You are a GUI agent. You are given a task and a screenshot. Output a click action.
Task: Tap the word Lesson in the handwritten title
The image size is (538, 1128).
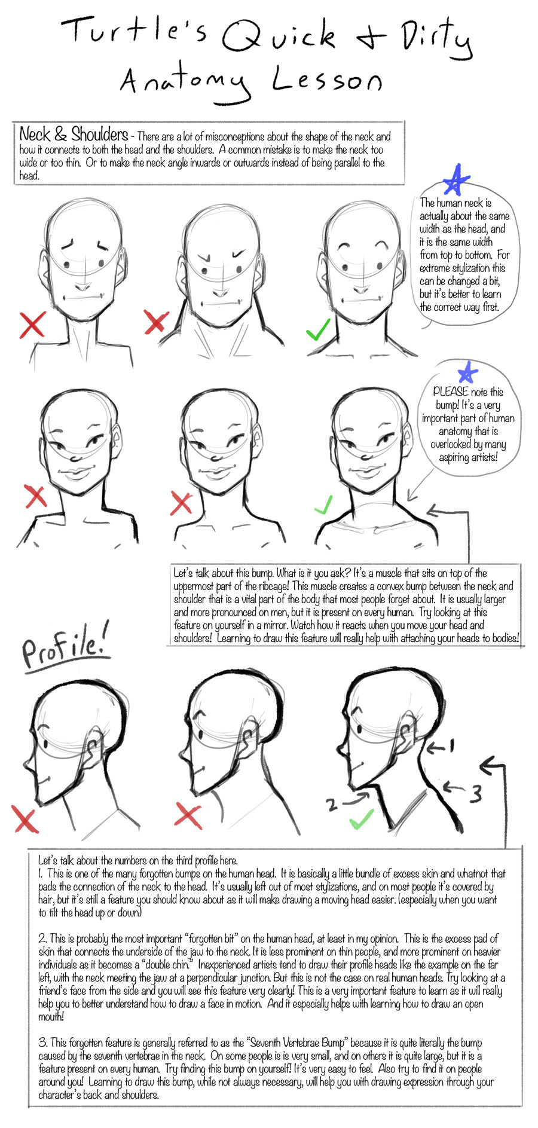(x=327, y=80)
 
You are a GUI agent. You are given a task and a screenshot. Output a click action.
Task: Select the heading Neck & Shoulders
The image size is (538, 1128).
(x=74, y=134)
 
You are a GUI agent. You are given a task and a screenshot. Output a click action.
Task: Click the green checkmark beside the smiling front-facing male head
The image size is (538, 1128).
(x=317, y=329)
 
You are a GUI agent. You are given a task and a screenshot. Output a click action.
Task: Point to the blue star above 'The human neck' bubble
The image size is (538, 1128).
(x=457, y=179)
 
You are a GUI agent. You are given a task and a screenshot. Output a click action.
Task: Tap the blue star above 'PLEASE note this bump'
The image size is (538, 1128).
(x=467, y=372)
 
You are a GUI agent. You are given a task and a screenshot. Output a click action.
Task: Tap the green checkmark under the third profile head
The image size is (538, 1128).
(x=361, y=818)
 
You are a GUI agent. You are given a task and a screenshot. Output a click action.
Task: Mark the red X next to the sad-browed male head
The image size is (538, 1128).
(x=32, y=325)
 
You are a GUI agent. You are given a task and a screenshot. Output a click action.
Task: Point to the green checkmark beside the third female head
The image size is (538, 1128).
(x=323, y=506)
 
